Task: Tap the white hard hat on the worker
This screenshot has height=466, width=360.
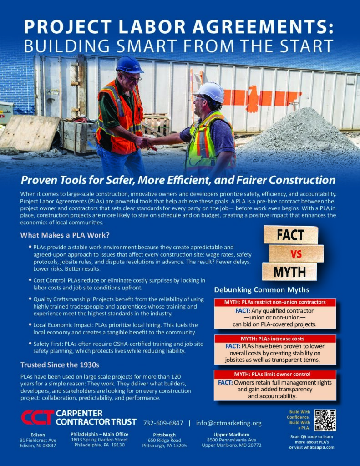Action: pyautogui.click(x=210, y=91)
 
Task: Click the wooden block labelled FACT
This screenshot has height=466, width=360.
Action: pyautogui.click(x=291, y=235)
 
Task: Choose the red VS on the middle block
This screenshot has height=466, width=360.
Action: pyautogui.click(x=296, y=254)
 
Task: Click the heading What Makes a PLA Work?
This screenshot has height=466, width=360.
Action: pyautogui.click(x=65, y=235)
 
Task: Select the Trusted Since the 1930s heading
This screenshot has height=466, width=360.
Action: pyautogui.click(x=60, y=365)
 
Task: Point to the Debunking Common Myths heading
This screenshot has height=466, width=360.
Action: pyautogui.click(x=262, y=290)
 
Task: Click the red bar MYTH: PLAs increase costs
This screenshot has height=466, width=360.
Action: pyautogui.click(x=274, y=339)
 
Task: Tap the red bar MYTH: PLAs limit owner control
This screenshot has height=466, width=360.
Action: pyautogui.click(x=274, y=374)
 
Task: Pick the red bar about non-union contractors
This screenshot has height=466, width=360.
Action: pyautogui.click(x=274, y=302)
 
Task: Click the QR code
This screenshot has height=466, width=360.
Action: pyautogui.click(x=325, y=420)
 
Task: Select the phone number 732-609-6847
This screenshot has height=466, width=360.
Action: pyautogui.click(x=163, y=423)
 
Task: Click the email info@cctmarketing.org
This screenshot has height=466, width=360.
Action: pyautogui.click(x=228, y=423)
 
